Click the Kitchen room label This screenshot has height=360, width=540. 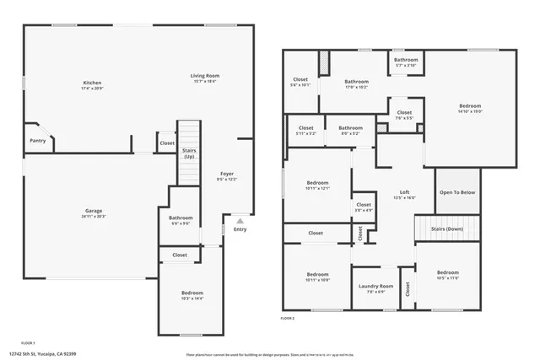point(92,83)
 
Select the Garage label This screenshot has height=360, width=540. point(94,212)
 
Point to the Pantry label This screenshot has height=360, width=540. point(38,141)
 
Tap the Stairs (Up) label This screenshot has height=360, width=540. point(189,153)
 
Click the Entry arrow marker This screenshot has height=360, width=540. point(240,219)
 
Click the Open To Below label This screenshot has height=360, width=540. point(457,192)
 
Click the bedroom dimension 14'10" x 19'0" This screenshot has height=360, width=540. point(469,112)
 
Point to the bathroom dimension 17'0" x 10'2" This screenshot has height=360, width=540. point(355,87)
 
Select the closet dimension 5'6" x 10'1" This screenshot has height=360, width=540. point(300,85)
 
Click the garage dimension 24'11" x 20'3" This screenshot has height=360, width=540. point(94,217)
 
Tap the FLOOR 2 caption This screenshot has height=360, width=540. point(289,319)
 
